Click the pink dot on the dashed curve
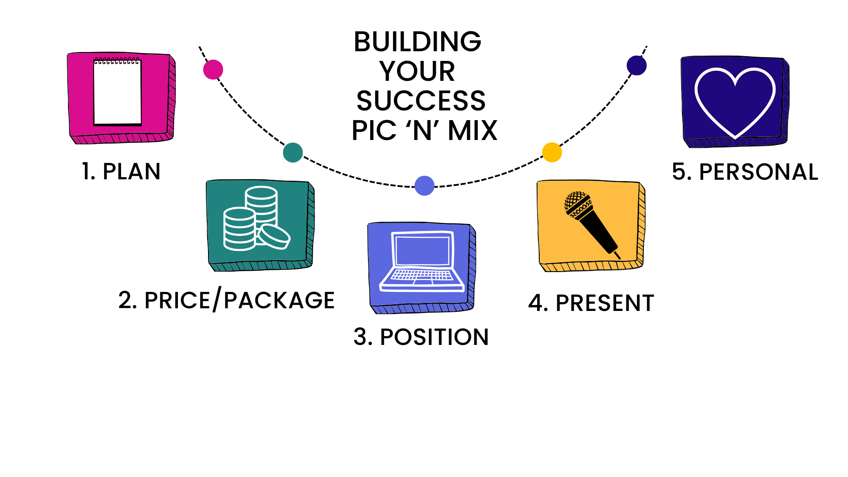213,70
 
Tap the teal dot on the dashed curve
293,152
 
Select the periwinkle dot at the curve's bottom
424,185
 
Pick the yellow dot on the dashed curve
552,152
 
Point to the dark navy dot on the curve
636,65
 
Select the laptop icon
422,261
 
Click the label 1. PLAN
121,171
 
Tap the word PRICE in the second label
177,301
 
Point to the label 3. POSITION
421,337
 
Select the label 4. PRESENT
591,303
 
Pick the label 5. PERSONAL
745,172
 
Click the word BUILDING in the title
417,42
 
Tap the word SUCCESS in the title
421,101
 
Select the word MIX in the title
472,131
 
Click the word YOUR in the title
417,71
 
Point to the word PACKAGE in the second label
279,301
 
